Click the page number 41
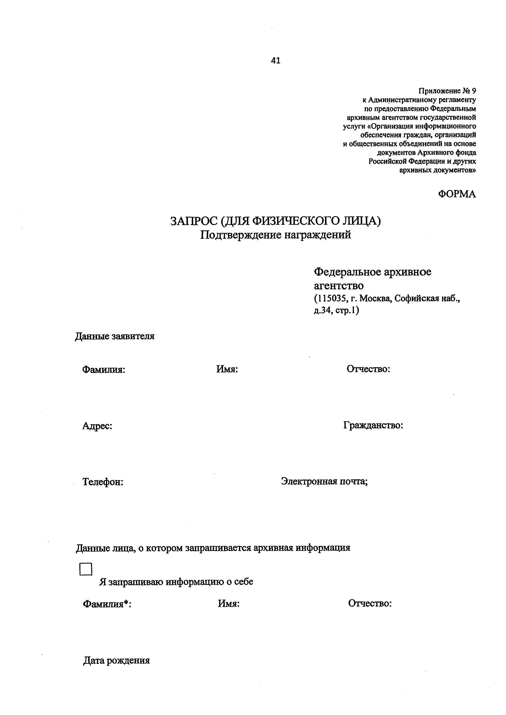pyautogui.click(x=276, y=61)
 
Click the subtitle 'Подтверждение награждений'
pyautogui.click(x=275, y=235)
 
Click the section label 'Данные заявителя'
pyautogui.click(x=115, y=337)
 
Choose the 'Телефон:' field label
pyautogui.click(x=103, y=482)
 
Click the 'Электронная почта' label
pyautogui.click(x=324, y=481)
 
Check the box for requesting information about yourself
pyautogui.click(x=86, y=569)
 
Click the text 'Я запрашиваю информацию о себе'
pyautogui.click(x=176, y=582)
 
